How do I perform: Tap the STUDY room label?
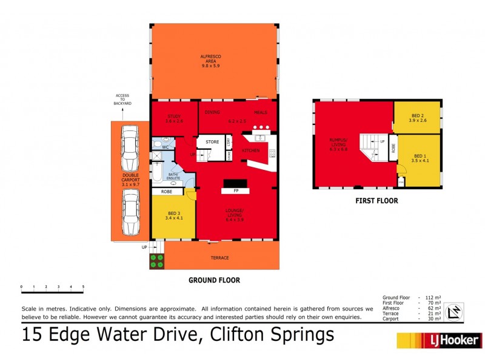[x=174, y=118]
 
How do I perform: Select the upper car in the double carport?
[x=129, y=149]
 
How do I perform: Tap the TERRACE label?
[x=219, y=258]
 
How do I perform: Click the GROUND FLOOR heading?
[x=214, y=280]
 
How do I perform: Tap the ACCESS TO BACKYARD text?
[x=123, y=99]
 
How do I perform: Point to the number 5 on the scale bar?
[x=83, y=286]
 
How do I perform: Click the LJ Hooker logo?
[x=439, y=340]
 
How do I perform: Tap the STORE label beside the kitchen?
[x=212, y=142]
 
